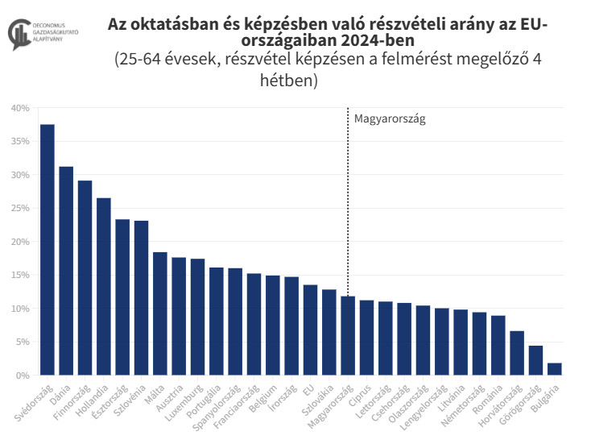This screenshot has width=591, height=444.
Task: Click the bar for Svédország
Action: click(x=48, y=250)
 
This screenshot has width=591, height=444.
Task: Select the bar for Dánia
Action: click(x=66, y=271)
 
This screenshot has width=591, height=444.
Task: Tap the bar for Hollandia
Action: click(x=104, y=286)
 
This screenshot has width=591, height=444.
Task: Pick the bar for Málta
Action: click(x=160, y=313)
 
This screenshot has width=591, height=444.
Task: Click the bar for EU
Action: click(x=310, y=330)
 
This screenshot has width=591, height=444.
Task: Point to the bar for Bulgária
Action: click(x=555, y=369)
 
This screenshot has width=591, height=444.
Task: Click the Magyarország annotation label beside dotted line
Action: click(x=389, y=118)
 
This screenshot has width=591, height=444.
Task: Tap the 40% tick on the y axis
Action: click(x=21, y=108)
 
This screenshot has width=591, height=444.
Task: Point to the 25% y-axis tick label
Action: click(x=21, y=208)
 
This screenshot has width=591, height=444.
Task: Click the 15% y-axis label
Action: click(x=21, y=275)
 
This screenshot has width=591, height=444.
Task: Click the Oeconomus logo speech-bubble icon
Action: click(x=18, y=35)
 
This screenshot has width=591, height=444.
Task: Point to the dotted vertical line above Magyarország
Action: click(x=348, y=201)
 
